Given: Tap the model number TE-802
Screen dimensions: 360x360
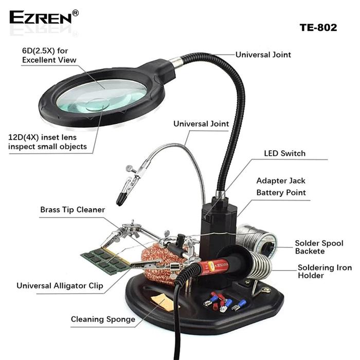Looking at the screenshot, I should click(318, 28).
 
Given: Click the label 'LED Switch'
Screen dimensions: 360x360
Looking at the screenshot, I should click(284, 153).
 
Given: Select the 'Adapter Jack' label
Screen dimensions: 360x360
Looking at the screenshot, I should click(281, 181).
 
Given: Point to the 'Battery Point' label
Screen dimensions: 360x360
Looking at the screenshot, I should click(281, 193).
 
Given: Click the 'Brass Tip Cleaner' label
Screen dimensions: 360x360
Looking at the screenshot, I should click(73, 210).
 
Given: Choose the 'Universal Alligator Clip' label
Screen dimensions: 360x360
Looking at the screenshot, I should click(60, 285).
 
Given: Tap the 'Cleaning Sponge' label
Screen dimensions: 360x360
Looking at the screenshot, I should click(103, 319).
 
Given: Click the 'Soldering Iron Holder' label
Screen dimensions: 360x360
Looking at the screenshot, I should click(325, 272).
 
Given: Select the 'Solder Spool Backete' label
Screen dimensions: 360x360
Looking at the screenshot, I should click(319, 247).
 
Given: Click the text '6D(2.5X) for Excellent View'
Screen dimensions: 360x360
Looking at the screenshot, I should click(49, 56).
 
